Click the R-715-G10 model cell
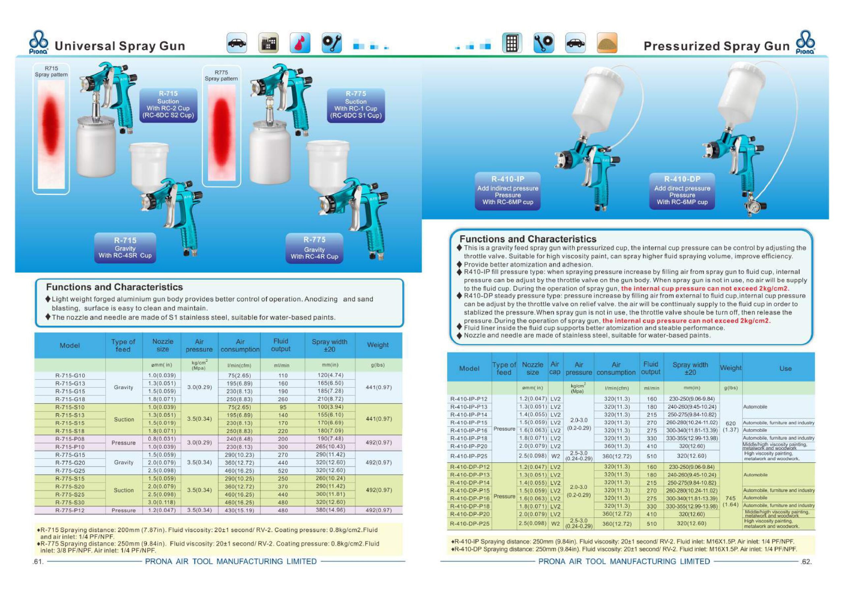tap(70, 376)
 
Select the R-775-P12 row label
tap(70, 510)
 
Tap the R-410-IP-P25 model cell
tap(469, 456)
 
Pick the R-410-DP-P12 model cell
tap(469, 467)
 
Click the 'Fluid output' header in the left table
tap(281, 345)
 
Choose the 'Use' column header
tap(786, 368)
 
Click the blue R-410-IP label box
tap(508, 191)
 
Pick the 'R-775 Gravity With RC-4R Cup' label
tap(314, 248)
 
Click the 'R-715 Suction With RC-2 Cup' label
tap(168, 105)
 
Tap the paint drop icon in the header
tap(300, 43)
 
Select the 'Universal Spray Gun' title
tap(119, 46)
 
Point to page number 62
tap(806, 561)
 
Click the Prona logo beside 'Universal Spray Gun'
tap(39, 42)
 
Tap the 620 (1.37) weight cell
tap(731, 426)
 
